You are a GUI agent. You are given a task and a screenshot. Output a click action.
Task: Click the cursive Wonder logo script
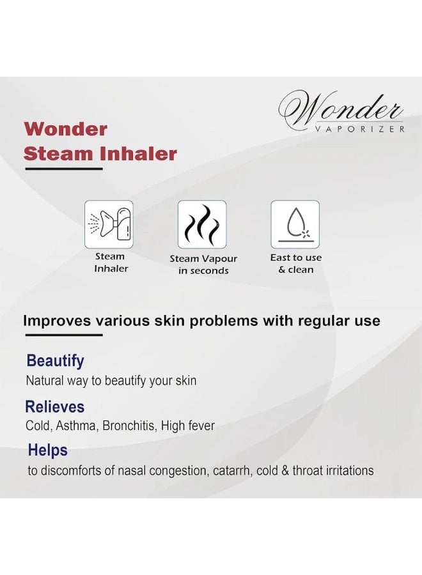[x=341, y=108]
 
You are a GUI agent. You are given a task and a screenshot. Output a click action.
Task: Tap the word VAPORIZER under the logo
[x=359, y=129]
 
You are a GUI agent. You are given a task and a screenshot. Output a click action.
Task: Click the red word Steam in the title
[x=58, y=153]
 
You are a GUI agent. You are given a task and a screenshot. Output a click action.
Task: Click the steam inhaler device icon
[x=109, y=224]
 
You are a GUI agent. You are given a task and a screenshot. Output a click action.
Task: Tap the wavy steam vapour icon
[x=202, y=224]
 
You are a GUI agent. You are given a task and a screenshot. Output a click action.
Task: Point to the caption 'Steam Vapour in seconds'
[x=203, y=264]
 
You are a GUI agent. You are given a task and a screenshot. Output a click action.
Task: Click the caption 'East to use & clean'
[x=296, y=263]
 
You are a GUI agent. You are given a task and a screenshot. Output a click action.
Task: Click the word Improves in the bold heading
[x=57, y=321]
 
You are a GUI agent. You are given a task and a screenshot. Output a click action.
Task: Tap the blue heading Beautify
[x=55, y=361]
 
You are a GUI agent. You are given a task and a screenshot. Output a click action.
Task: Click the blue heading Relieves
[x=55, y=407]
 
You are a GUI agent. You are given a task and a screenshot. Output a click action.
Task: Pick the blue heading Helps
[x=48, y=450]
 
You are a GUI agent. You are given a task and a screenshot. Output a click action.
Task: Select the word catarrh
[x=232, y=470]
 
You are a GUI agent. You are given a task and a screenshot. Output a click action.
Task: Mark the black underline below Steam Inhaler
[x=64, y=169]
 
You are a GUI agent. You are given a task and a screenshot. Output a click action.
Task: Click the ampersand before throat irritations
[x=285, y=470]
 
